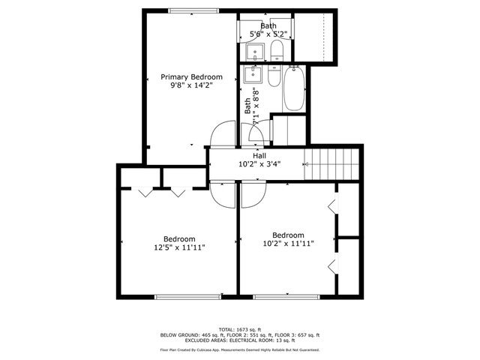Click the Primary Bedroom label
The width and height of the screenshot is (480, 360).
click(191, 77)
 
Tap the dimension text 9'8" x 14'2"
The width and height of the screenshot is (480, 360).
click(191, 86)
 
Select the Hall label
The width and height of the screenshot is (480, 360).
click(259, 156)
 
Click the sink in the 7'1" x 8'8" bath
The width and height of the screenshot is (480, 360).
click(253, 75)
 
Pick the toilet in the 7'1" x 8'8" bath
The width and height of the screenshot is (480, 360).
click(272, 76)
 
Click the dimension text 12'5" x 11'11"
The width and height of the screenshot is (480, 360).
click(180, 247)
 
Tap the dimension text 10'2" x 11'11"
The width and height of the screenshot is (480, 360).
click(288, 243)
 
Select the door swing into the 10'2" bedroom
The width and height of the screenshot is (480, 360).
click(253, 193)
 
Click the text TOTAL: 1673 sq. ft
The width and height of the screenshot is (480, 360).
click(239, 329)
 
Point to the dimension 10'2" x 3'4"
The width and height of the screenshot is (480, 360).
click(259, 164)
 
